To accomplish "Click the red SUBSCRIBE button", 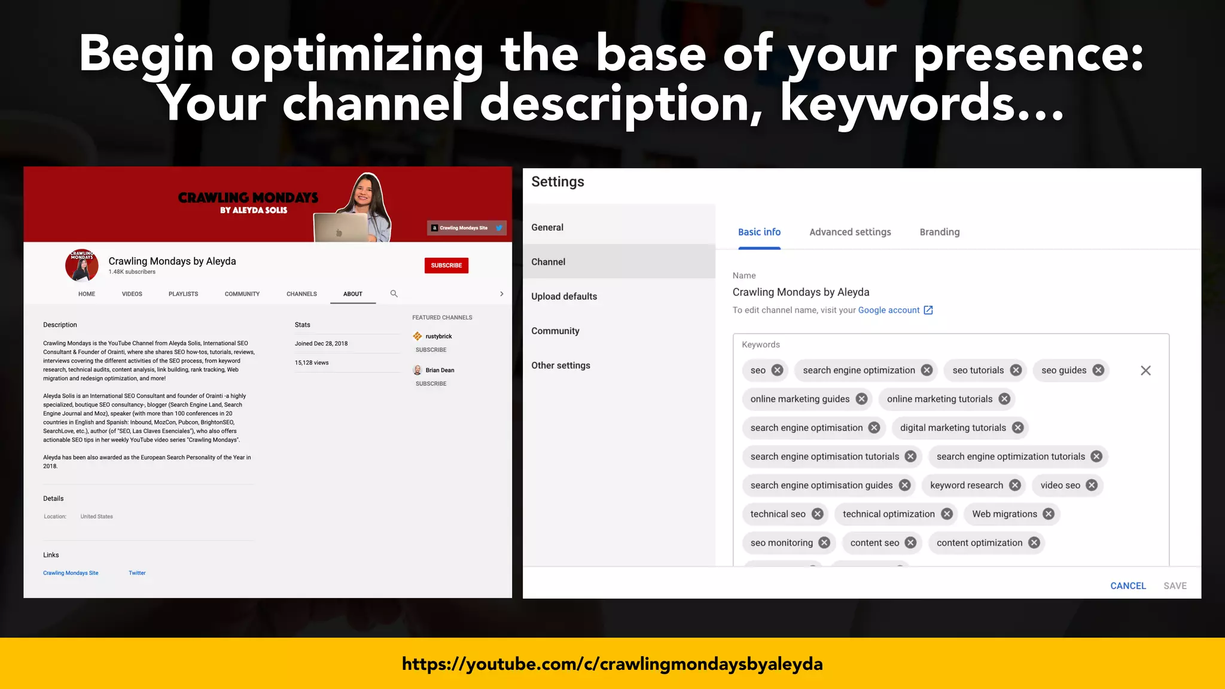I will (x=446, y=266).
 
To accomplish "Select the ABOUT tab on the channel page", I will (x=353, y=294).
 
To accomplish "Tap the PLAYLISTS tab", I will (x=183, y=294).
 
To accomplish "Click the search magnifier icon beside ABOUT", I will (x=394, y=294).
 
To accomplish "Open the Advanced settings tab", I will (x=850, y=232).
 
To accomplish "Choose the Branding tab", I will (x=939, y=232).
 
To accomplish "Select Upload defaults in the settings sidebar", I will (x=564, y=297).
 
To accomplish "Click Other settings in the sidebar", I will (x=560, y=365).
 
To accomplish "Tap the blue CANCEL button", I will (x=1128, y=586).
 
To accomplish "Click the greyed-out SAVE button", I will (x=1175, y=586).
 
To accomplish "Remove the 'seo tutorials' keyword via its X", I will (x=1016, y=370).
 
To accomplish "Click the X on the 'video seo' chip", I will (x=1092, y=485).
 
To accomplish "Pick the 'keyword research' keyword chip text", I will (x=966, y=485).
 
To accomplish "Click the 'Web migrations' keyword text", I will (x=1004, y=514).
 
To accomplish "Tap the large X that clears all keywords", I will (x=1145, y=371).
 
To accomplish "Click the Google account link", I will (x=889, y=310).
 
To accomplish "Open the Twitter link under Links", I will (x=137, y=573).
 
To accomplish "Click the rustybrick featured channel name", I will (x=438, y=336).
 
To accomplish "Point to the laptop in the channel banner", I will (x=340, y=228).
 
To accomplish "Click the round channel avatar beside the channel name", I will (x=82, y=266).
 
